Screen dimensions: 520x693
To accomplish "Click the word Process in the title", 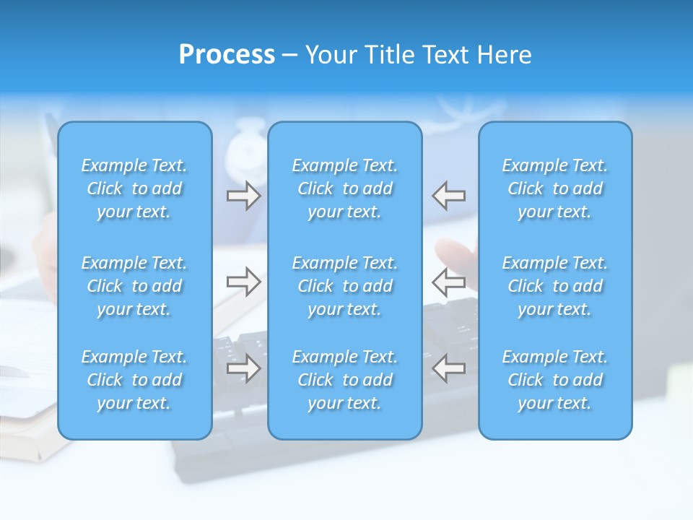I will click(x=227, y=55).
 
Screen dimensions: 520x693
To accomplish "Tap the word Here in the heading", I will click(x=505, y=55).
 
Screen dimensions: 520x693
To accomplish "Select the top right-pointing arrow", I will click(x=244, y=196).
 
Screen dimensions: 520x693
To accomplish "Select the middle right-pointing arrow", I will click(x=244, y=282).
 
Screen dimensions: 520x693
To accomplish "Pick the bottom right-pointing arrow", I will click(x=244, y=369).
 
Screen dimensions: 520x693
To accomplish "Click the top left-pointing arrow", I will click(x=449, y=196).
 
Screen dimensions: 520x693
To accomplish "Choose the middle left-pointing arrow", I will click(x=449, y=282).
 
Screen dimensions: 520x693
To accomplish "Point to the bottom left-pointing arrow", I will click(x=449, y=369).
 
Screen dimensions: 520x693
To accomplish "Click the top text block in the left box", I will click(x=134, y=188).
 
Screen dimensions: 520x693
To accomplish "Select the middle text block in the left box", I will click(x=134, y=286).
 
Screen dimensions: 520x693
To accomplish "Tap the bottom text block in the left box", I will click(x=134, y=380).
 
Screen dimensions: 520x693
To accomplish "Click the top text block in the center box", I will click(x=345, y=188).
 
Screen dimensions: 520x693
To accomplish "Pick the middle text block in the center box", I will click(x=345, y=286).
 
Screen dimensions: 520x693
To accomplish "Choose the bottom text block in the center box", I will click(x=345, y=380).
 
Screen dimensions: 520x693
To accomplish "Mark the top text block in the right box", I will click(x=555, y=188).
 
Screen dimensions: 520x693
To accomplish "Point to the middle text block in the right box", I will click(x=555, y=286).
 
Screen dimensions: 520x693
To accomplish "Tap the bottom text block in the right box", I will click(x=555, y=380).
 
